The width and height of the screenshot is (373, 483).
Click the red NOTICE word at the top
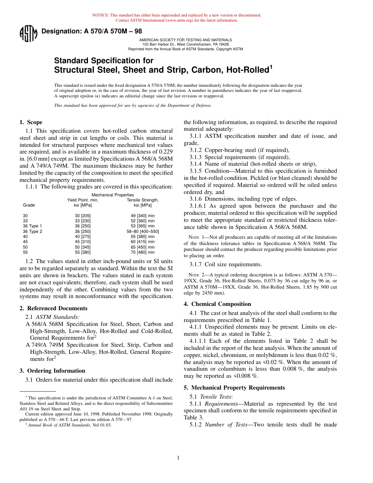click(101, 15)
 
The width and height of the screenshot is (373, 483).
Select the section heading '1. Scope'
click(31, 122)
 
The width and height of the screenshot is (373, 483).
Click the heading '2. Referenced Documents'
click(53, 308)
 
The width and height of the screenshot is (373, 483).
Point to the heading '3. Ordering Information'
click(52, 371)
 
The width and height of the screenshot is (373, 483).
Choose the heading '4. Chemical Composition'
click(217, 304)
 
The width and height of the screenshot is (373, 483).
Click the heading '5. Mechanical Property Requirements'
click(234, 388)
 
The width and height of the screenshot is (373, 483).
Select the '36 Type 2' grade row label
click(32, 231)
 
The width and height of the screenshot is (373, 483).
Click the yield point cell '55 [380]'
click(83, 252)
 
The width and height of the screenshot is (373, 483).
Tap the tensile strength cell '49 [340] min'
click(143, 216)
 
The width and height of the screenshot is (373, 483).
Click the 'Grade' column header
click(29, 205)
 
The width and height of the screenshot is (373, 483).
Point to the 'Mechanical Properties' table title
click(113, 195)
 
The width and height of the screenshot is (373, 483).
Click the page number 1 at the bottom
click(178, 457)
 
